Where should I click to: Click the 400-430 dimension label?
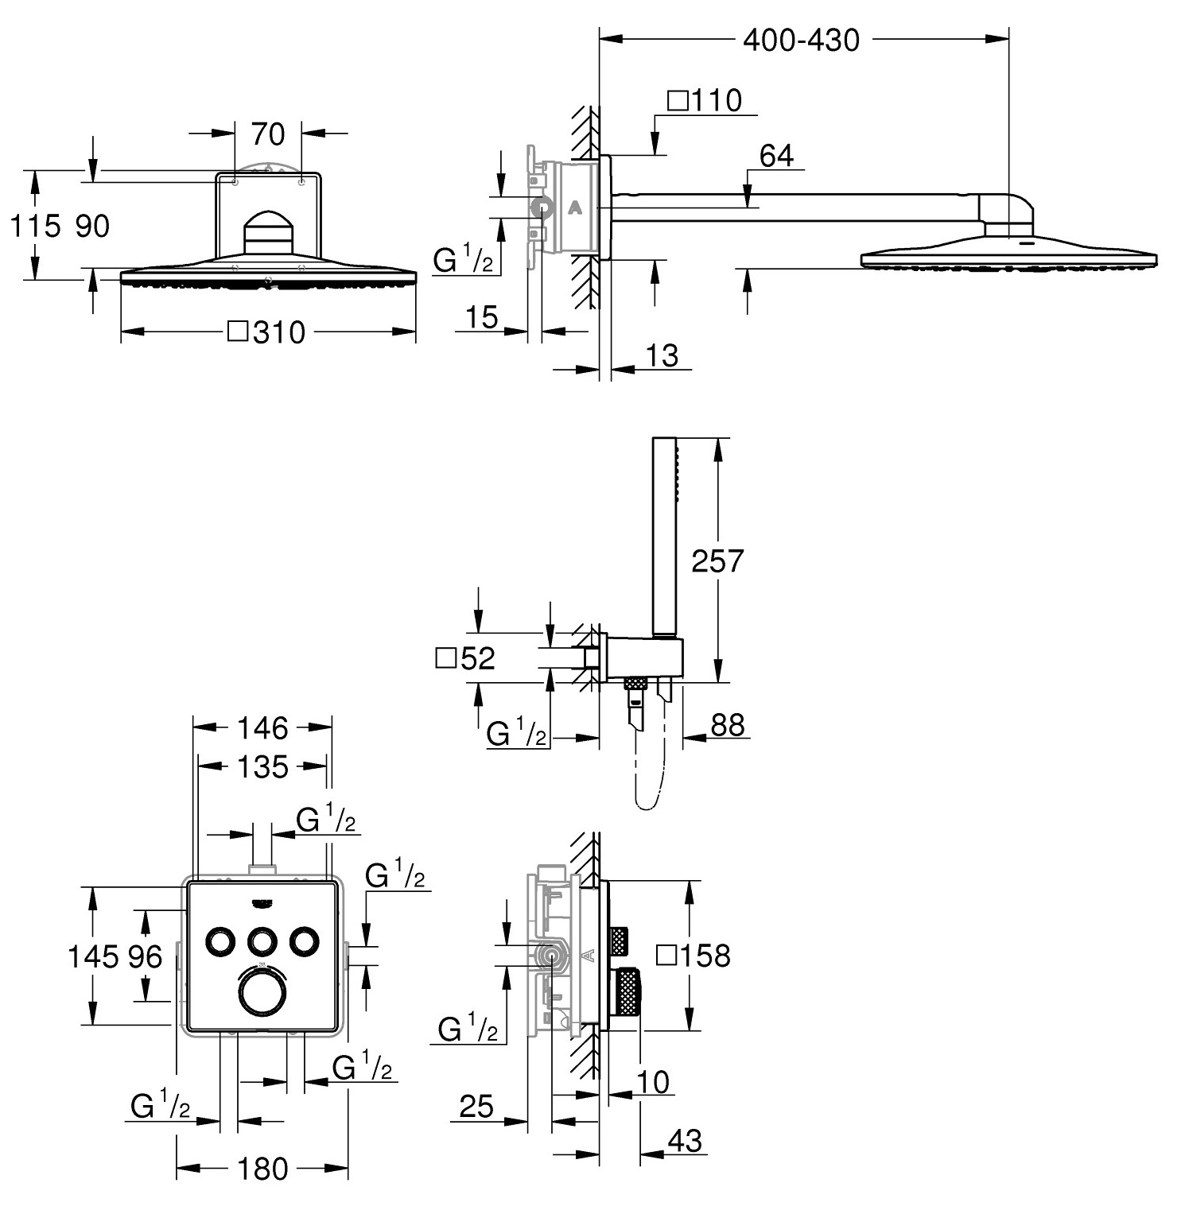[801, 40]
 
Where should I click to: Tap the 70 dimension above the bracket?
[268, 134]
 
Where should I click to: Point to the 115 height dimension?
[36, 227]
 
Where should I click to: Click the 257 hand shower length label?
[717, 561]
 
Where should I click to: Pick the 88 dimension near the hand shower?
[728, 725]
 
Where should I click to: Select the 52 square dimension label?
[466, 658]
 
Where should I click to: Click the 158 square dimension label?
[693, 955]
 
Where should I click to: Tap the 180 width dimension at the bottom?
[263, 1169]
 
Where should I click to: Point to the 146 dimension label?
[263, 727]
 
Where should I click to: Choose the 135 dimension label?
[263, 767]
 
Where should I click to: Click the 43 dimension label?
[685, 1142]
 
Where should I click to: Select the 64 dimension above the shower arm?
[776, 157]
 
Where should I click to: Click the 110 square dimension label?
[705, 101]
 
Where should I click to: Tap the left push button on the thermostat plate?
[220, 940]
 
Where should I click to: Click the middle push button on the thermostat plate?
[262, 940]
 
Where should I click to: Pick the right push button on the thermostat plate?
[303, 940]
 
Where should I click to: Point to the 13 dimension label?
[662, 355]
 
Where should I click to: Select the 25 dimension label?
[476, 1107]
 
